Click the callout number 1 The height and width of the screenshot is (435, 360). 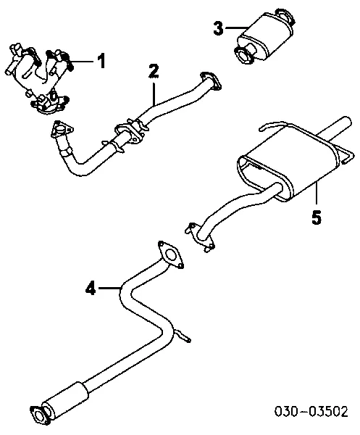click(x=101, y=61)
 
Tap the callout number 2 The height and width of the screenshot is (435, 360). click(x=154, y=72)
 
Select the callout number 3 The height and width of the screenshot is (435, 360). click(x=218, y=28)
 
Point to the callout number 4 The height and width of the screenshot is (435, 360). click(x=91, y=289)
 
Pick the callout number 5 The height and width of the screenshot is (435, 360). click(x=317, y=217)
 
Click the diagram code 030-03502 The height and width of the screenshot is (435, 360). click(x=311, y=411)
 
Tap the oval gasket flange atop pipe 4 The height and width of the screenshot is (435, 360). click(x=171, y=254)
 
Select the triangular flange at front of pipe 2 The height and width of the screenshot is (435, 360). click(x=62, y=130)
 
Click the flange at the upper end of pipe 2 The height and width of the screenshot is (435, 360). click(x=211, y=80)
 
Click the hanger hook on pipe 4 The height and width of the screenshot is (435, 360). click(x=182, y=335)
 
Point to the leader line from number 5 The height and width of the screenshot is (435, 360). click(x=316, y=195)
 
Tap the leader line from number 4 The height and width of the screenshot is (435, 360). click(x=109, y=289)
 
